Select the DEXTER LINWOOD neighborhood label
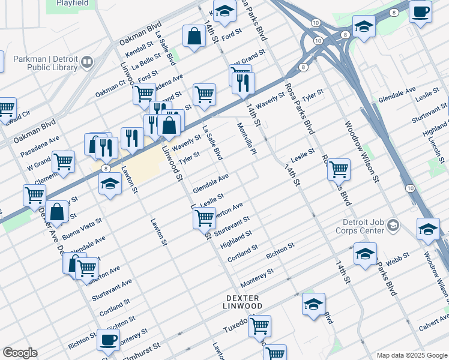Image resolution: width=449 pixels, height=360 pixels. click(x=244, y=302)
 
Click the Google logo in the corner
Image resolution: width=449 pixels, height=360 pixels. click(x=20, y=353)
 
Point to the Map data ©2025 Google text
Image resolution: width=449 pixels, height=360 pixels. click(x=411, y=355)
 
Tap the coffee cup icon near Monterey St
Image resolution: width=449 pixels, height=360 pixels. click(x=108, y=340)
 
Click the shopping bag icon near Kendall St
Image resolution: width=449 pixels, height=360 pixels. click(x=194, y=37)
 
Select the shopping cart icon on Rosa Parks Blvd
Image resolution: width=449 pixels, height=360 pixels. click(x=339, y=169)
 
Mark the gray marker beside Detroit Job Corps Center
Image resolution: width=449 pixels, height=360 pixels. click(x=393, y=226)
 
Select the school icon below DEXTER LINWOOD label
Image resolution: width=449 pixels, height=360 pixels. click(x=313, y=305)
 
